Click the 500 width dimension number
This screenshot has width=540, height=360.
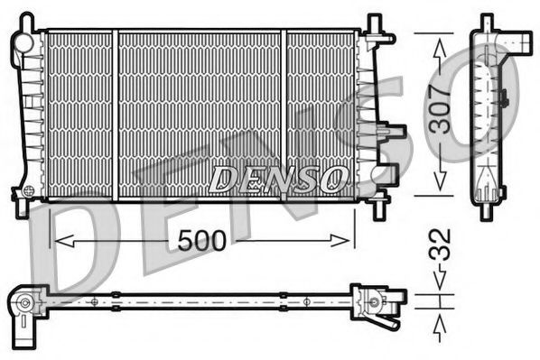coord(203,242)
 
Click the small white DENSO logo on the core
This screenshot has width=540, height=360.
coord(277,179)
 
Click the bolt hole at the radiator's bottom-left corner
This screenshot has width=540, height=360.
coord(28,192)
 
